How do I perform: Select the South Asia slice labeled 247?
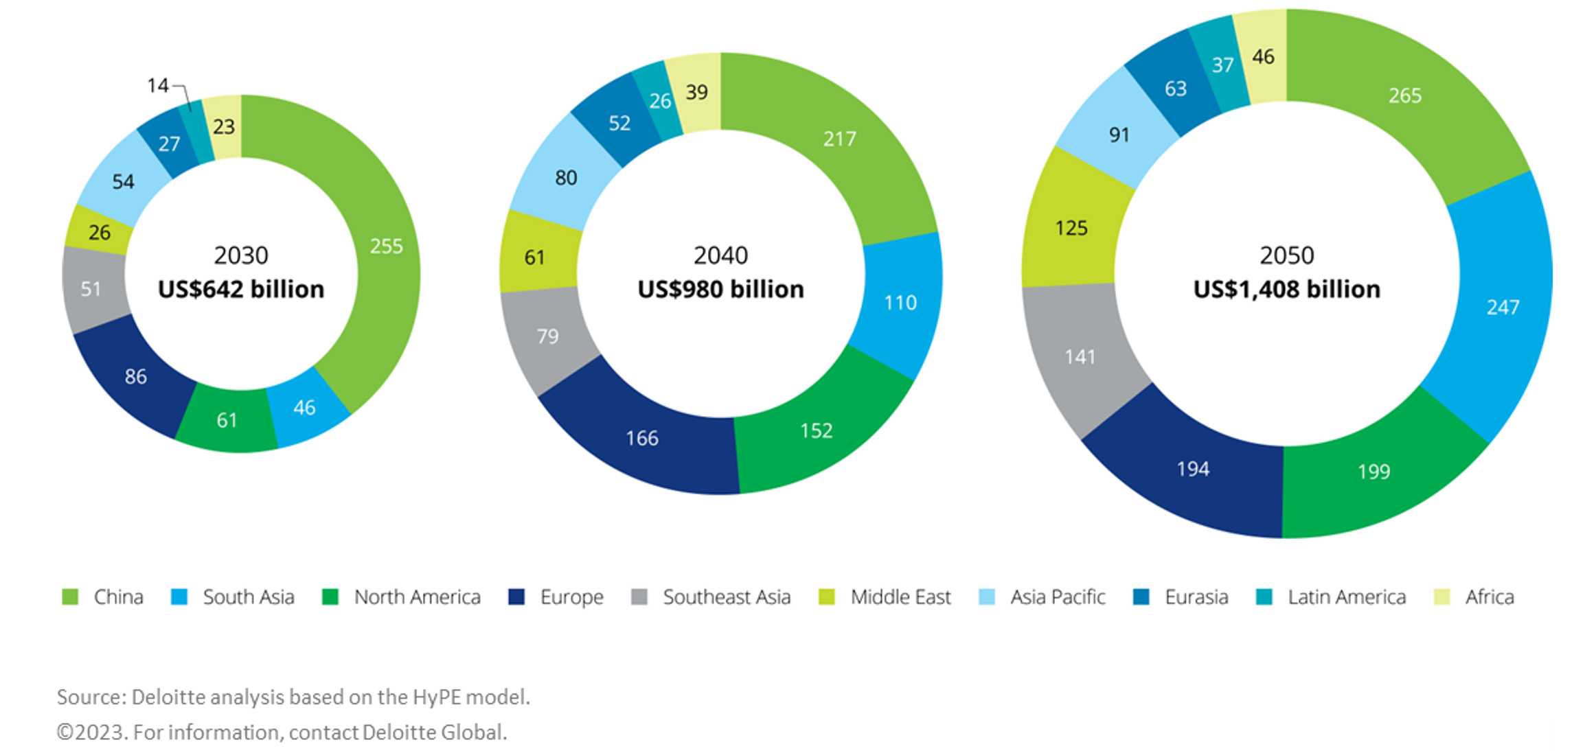(1503, 307)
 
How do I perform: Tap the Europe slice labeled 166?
(642, 438)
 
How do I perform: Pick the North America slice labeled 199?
(1373, 472)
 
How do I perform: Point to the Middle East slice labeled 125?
(1071, 228)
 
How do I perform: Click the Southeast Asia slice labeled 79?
(547, 336)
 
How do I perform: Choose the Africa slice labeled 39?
(696, 92)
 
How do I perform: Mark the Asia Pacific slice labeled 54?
(124, 182)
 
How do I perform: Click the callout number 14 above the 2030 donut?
(157, 86)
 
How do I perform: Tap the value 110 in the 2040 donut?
(900, 303)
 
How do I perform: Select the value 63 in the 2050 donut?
(1175, 89)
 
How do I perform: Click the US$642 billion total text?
(241, 290)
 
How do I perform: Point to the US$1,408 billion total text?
(1286, 290)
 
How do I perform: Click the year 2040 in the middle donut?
(720, 255)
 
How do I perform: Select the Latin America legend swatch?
(1264, 597)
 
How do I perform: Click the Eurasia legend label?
(1196, 597)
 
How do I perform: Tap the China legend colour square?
(70, 597)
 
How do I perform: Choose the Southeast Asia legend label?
(727, 597)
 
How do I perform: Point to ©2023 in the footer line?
(91, 732)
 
